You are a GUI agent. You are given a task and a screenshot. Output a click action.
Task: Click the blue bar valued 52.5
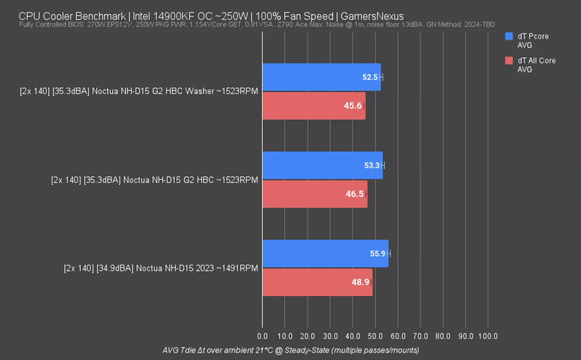(x=321, y=77)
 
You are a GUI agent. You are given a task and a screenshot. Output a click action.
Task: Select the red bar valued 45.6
(x=314, y=106)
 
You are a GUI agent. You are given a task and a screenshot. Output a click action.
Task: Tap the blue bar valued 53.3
(x=322, y=165)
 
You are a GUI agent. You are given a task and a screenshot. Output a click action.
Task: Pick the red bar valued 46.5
(x=315, y=194)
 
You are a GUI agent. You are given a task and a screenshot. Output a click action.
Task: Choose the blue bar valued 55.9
(x=325, y=254)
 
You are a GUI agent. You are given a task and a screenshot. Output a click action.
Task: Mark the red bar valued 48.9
(x=317, y=282)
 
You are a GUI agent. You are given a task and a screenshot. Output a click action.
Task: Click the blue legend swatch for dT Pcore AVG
(x=509, y=36)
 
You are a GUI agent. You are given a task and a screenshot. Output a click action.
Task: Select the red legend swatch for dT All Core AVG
(x=509, y=61)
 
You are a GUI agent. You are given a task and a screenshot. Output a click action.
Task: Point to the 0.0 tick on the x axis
(x=262, y=336)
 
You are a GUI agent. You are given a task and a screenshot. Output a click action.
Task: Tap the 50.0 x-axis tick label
(x=375, y=336)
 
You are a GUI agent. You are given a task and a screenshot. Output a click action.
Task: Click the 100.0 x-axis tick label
(x=488, y=336)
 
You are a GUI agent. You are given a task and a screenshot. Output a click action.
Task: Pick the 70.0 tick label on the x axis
(x=420, y=336)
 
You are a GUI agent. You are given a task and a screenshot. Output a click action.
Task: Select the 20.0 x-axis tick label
(x=307, y=336)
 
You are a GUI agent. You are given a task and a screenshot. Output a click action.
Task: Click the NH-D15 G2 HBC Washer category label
(x=139, y=91)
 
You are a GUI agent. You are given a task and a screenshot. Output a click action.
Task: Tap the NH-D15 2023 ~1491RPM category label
(x=161, y=268)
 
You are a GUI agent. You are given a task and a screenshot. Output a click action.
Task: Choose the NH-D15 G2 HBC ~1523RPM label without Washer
(x=154, y=180)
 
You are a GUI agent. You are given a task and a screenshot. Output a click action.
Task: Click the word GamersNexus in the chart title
(x=372, y=16)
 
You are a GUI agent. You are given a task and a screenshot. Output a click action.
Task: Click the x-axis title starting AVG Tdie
(x=291, y=350)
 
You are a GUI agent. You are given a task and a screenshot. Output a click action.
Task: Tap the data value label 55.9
(x=377, y=254)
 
